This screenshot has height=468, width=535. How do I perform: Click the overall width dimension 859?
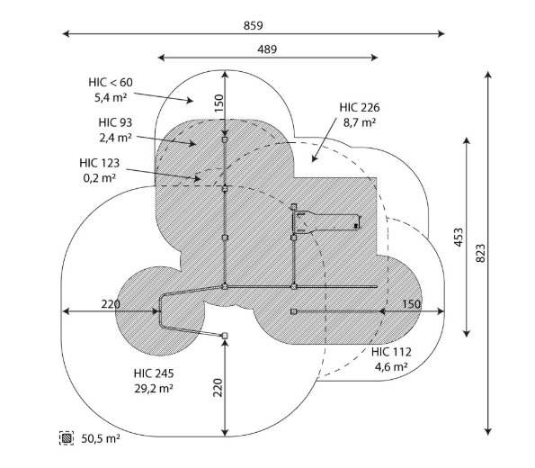click(x=254, y=25)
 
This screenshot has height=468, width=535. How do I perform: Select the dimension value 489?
click(x=267, y=49)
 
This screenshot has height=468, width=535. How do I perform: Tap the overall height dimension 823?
click(x=480, y=253)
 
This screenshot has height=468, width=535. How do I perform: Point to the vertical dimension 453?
click(x=459, y=237)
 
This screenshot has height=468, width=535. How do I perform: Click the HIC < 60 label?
click(x=111, y=82)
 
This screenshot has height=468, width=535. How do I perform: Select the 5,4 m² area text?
click(x=111, y=98)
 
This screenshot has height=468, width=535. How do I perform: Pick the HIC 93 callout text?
click(x=115, y=122)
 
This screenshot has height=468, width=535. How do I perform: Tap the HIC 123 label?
click(x=100, y=163)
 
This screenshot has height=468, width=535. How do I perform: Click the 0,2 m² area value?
click(x=100, y=178)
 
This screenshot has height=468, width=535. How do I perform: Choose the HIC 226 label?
click(x=360, y=108)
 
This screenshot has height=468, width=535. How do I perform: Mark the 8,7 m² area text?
click(x=360, y=122)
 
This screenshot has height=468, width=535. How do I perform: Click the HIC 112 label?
click(x=391, y=352)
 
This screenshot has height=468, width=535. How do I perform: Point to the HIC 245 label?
click(x=154, y=373)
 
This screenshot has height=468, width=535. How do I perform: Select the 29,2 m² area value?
click(x=154, y=389)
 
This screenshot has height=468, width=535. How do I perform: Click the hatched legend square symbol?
click(x=67, y=438)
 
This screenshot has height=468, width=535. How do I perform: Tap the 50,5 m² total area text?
click(x=101, y=438)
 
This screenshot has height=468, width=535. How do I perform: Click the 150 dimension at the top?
click(x=218, y=103)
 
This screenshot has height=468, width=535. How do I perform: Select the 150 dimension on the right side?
click(x=411, y=304)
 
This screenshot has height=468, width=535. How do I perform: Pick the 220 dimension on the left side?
click(x=111, y=304)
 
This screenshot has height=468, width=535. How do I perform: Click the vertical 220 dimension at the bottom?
click(x=218, y=387)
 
